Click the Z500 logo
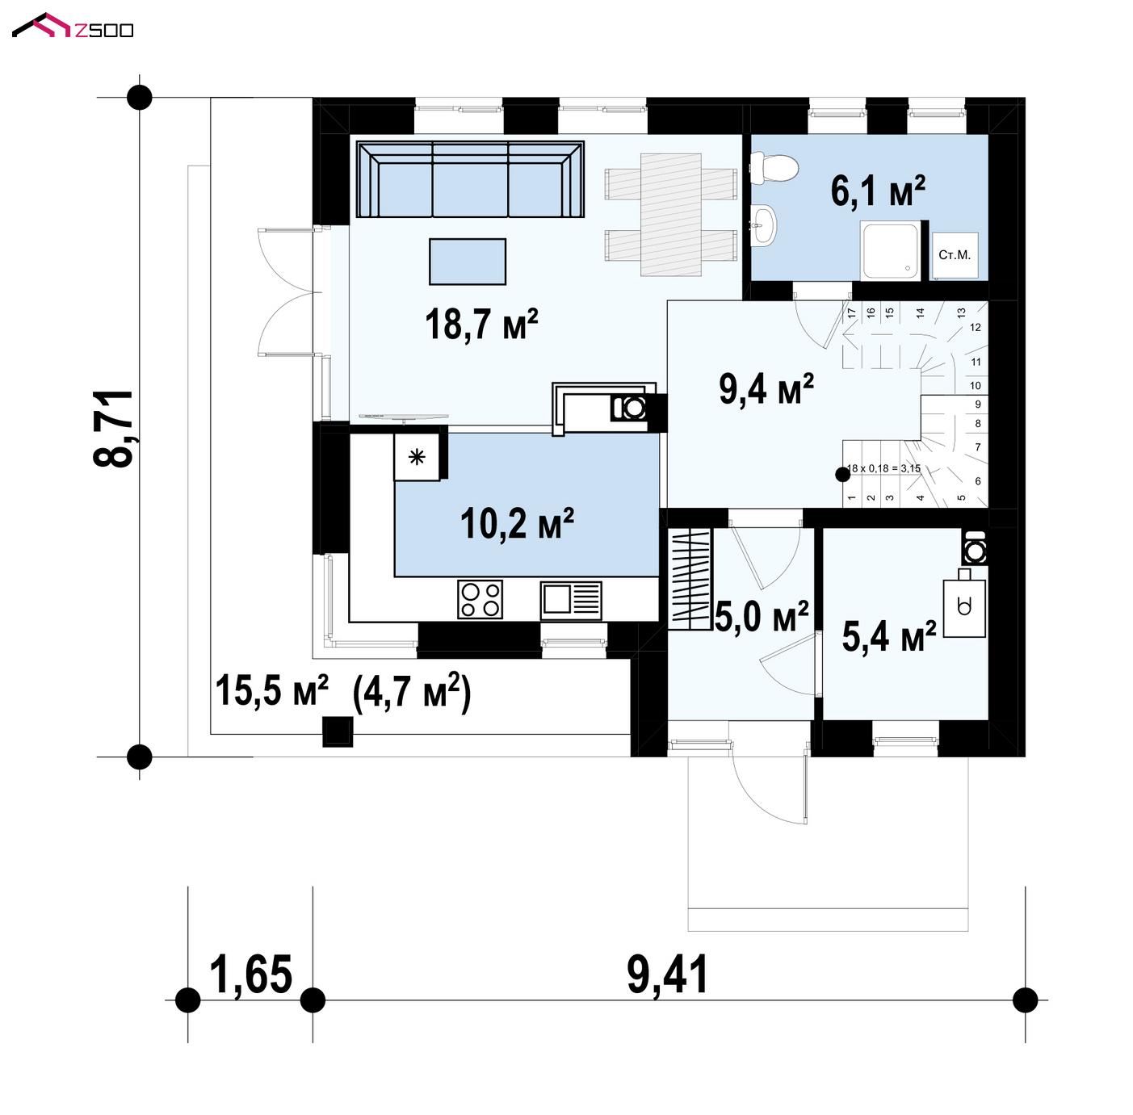(73, 26)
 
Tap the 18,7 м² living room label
(481, 324)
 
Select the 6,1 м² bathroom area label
(877, 191)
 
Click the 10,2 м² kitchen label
(518, 523)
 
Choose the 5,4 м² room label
(888, 635)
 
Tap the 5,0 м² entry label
(762, 616)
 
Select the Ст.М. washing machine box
(955, 255)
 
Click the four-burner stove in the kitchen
(480, 599)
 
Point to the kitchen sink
(570, 600)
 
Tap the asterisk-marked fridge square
(417, 457)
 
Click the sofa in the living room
(470, 179)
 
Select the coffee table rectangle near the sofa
(468, 262)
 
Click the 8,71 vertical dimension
(114, 428)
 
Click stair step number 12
(976, 328)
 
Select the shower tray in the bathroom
(890, 251)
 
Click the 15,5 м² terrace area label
(271, 690)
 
